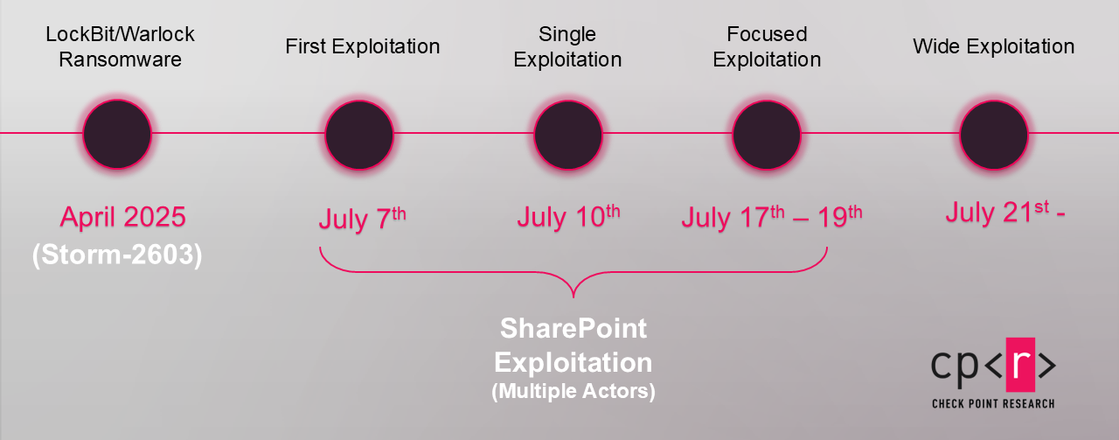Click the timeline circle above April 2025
117,134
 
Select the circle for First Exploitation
359,135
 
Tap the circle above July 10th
568,135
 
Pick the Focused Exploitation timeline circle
767,135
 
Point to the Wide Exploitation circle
994,135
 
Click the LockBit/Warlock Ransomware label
120,46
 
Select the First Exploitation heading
363,46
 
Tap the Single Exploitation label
567,46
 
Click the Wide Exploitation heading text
994,46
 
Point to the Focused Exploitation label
767,46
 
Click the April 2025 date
123,217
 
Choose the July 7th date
362,219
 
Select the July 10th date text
568,217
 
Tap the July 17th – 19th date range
772,217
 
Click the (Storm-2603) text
117,255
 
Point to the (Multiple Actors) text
573,391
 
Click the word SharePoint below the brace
573,329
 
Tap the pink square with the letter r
1020,365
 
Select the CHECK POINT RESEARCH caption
993,403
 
